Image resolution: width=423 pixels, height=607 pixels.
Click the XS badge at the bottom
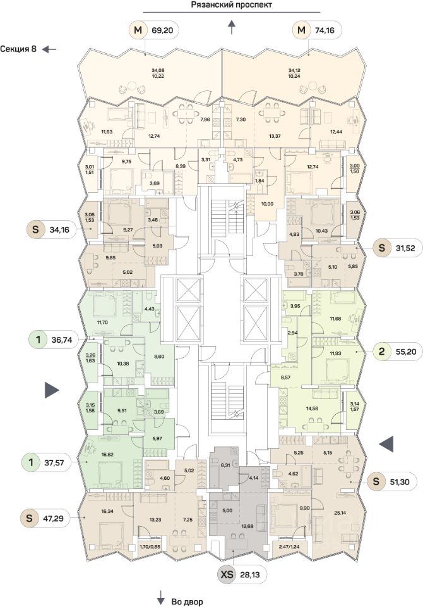pos(226,575)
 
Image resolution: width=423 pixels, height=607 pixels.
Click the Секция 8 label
pos(18,49)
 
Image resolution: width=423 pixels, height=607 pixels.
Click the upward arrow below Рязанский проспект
pos(232,26)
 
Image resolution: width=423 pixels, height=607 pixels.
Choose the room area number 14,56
pos(313,408)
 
